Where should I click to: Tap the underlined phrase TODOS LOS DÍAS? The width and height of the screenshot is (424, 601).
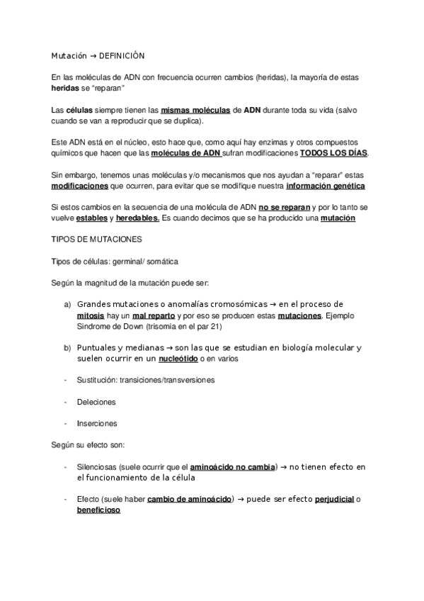pyautogui.click(x=334, y=153)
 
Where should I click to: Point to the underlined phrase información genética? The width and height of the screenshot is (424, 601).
pyautogui.click(x=326, y=186)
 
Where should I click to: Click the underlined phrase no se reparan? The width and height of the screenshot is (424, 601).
pyautogui.click(x=285, y=206)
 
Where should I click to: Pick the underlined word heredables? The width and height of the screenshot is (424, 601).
pyautogui.click(x=137, y=218)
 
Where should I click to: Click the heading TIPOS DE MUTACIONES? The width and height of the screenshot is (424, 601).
pyautogui.click(x=93, y=240)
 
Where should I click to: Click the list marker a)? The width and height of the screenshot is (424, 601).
pyautogui.click(x=67, y=305)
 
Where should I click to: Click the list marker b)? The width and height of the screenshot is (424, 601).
pyautogui.click(x=67, y=347)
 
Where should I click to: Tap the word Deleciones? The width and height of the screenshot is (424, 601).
pyautogui.click(x=96, y=402)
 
